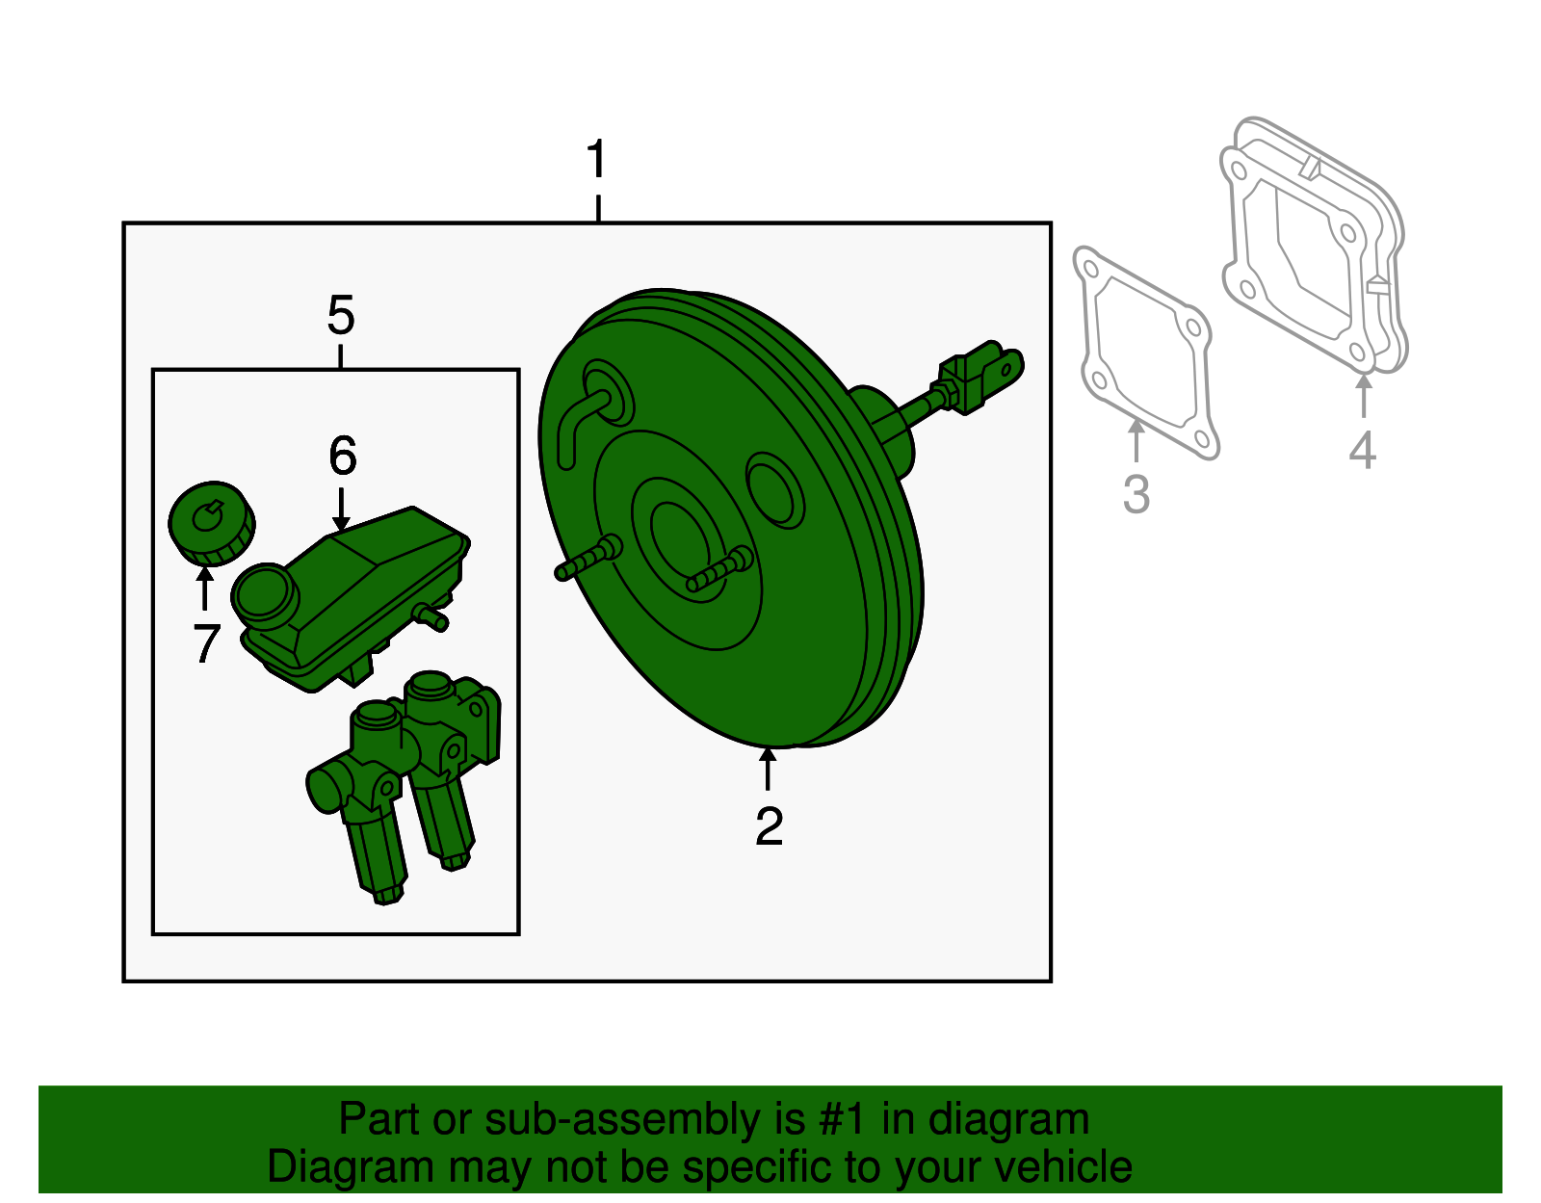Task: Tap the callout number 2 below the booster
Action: (x=769, y=825)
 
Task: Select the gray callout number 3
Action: (x=1136, y=495)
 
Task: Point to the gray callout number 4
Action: (x=1362, y=450)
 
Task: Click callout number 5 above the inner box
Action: (x=341, y=316)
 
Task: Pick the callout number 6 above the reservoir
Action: (x=343, y=456)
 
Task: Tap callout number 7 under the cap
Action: (x=206, y=643)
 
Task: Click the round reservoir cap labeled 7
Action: (x=211, y=523)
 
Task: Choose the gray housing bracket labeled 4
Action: (x=1314, y=245)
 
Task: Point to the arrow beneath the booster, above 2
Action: (x=768, y=770)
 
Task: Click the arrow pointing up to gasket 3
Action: (x=1136, y=440)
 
